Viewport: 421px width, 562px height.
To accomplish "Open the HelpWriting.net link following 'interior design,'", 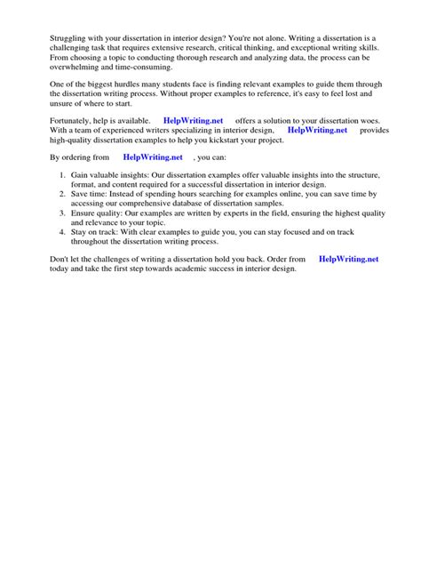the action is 318,130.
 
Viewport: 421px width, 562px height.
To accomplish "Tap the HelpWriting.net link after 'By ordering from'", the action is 153,158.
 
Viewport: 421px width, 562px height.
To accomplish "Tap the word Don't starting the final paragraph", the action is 37,259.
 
